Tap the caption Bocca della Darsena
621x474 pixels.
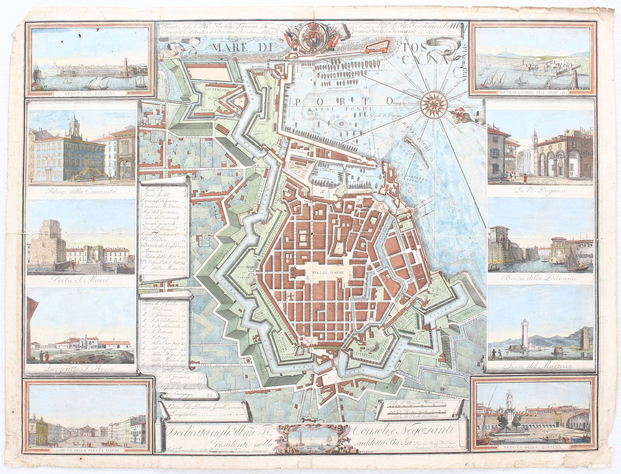540,278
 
